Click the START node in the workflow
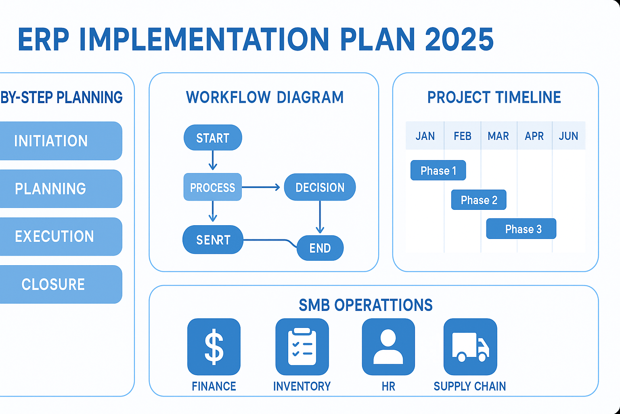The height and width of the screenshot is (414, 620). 213,138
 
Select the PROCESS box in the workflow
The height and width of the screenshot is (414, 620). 212,187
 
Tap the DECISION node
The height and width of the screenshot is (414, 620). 320,187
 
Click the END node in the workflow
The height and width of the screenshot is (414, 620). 320,248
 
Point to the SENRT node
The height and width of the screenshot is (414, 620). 213,240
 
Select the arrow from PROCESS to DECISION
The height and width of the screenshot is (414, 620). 261,187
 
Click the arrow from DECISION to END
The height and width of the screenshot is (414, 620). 320,217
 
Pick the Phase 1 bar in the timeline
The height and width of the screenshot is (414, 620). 438,170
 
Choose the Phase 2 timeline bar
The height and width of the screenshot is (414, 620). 478,200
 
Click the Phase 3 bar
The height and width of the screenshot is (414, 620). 521,229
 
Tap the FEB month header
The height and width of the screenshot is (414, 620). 462,136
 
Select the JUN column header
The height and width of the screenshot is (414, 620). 568,136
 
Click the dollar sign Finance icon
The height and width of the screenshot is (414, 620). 214,346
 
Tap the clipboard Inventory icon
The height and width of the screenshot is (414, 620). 302,346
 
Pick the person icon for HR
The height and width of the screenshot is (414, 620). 388,346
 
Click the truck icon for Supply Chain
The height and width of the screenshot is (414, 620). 470,346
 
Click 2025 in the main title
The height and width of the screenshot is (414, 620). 459,40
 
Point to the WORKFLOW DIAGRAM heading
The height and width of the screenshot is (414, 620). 265,97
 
